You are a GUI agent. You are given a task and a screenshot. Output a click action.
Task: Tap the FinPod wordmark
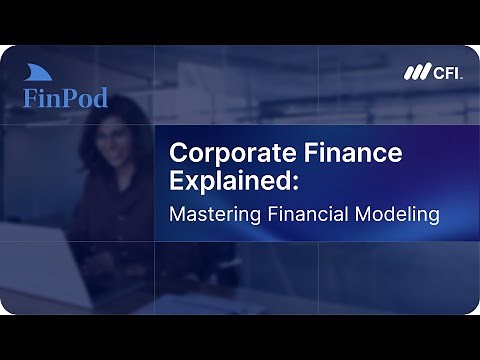coord(65,98)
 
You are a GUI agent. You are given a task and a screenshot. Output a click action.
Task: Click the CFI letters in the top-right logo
coord(445,72)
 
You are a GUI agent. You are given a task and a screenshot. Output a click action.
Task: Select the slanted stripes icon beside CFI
coord(416,72)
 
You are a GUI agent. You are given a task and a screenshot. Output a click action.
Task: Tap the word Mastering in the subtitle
coord(213,214)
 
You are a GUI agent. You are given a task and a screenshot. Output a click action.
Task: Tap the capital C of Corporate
coord(177,155)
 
